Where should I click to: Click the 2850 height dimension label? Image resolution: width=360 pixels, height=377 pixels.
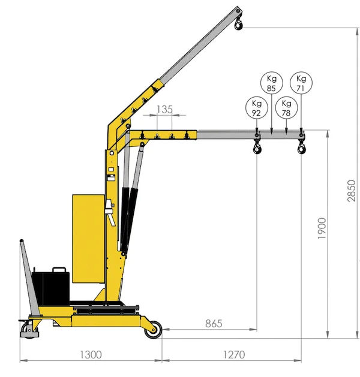352,191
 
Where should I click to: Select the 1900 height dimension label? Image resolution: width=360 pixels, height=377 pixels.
322,228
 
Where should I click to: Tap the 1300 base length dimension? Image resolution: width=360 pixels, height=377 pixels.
91,354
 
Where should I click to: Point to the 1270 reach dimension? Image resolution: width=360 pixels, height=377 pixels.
234,354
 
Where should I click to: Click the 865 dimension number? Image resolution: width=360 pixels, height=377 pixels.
214,324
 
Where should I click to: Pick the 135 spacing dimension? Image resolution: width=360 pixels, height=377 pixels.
164,110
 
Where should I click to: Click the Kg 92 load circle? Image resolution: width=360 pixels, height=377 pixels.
257,108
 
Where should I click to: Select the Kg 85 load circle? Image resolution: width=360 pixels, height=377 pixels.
271,83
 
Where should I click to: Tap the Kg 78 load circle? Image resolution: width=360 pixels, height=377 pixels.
286,108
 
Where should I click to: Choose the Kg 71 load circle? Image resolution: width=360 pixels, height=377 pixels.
301,83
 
